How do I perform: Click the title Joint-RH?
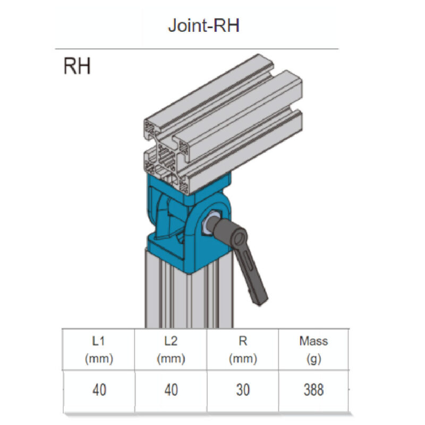coord(204,25)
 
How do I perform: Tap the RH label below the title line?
coord(77,66)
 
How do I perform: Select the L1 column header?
coord(98,350)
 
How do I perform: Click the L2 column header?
coord(171,350)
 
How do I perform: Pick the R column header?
coord(243,350)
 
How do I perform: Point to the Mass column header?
coord(313,350)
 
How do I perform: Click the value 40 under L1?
coord(99,390)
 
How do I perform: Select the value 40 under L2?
coord(171,390)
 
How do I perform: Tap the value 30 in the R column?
coord(243,390)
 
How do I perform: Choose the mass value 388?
coord(313,390)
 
